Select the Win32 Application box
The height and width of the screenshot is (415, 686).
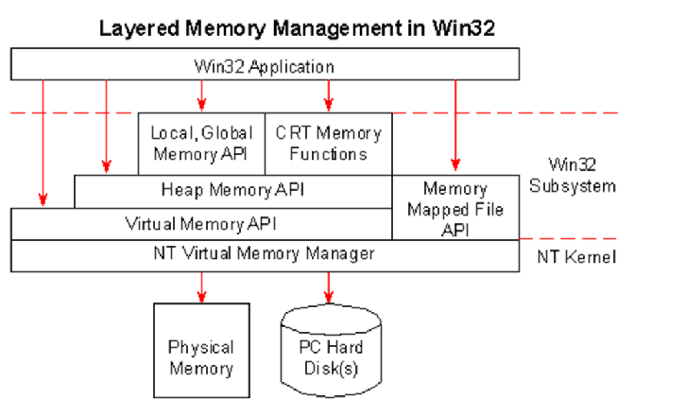pyautogui.click(x=265, y=65)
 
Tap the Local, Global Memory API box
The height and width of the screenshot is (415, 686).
pyautogui.click(x=200, y=144)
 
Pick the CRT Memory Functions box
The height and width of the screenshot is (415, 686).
pyautogui.click(x=328, y=144)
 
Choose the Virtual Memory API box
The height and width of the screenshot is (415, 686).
pyautogui.click(x=200, y=224)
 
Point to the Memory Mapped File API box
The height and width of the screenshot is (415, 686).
pyautogui.click(x=455, y=207)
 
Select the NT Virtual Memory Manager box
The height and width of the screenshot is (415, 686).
pyautogui.click(x=265, y=255)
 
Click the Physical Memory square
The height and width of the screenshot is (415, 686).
pyautogui.click(x=200, y=356)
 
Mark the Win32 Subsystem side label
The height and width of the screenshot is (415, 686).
pyautogui.click(x=573, y=174)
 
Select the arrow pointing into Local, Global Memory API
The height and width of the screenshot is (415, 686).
pyautogui.click(x=200, y=95)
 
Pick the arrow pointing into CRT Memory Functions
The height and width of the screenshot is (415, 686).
pyautogui.click(x=328, y=95)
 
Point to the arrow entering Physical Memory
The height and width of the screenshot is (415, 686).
pyautogui.click(x=200, y=286)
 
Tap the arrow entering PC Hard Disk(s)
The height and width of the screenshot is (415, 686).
pyautogui.click(x=328, y=286)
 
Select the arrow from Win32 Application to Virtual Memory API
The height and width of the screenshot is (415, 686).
pyautogui.click(x=42, y=142)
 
